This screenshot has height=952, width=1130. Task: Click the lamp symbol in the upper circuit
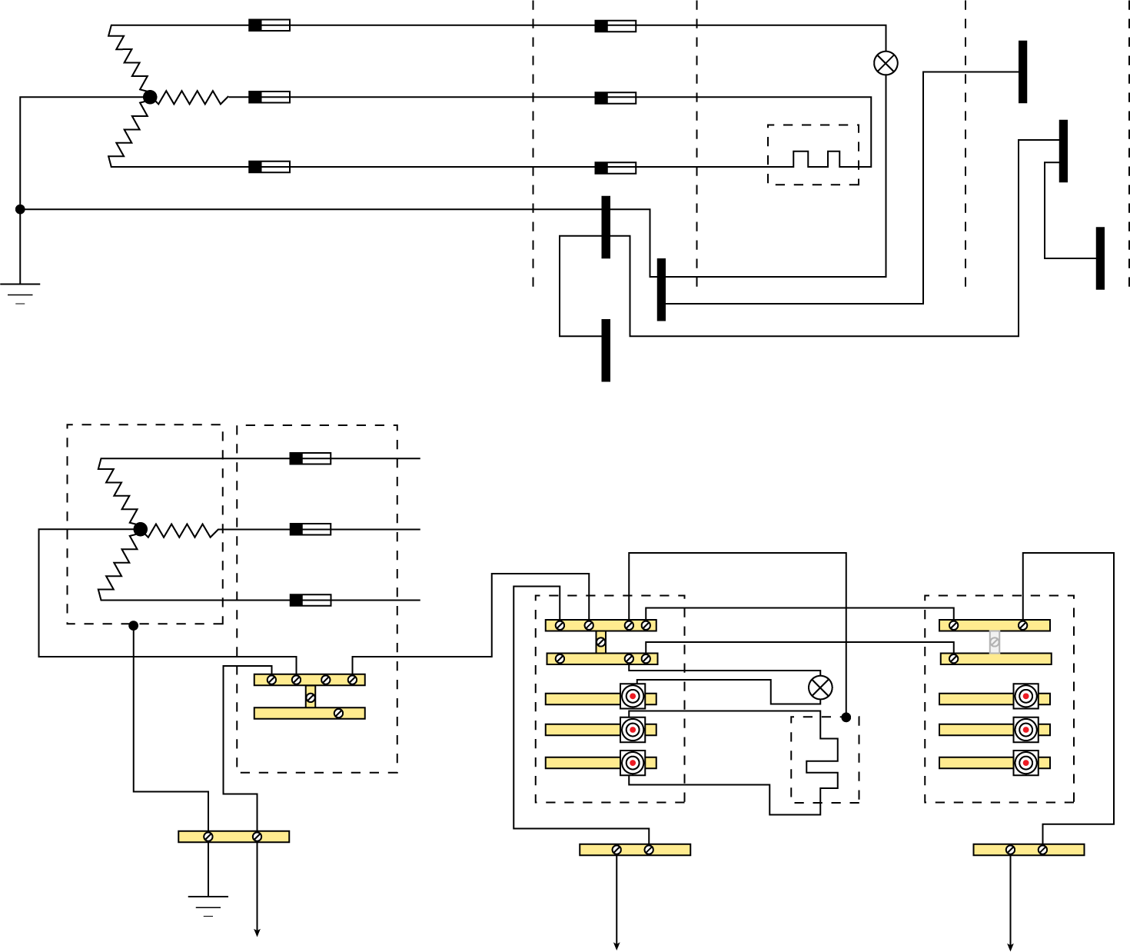(886, 63)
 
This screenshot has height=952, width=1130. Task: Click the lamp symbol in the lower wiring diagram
(820, 687)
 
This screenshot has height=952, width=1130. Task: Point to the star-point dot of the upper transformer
(150, 97)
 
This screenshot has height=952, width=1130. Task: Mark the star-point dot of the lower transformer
(140, 529)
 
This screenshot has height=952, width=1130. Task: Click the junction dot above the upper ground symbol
(20, 209)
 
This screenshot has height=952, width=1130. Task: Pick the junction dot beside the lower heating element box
(846, 717)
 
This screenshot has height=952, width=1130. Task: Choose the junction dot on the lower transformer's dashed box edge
(134, 625)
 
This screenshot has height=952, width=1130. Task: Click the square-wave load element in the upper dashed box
(816, 159)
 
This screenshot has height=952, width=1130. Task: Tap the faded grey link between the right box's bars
(994, 641)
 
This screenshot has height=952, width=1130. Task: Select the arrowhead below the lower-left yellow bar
(257, 933)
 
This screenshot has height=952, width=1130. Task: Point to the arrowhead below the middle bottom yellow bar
(617, 946)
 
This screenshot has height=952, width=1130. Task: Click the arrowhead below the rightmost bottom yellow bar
(1010, 946)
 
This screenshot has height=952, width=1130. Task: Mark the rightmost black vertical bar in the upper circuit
(1100, 258)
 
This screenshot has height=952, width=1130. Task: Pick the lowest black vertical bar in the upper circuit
(606, 350)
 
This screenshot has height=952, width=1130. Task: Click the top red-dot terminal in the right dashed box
(1025, 696)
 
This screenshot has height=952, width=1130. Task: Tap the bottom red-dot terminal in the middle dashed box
(632, 763)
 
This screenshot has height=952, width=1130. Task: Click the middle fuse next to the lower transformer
(310, 529)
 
